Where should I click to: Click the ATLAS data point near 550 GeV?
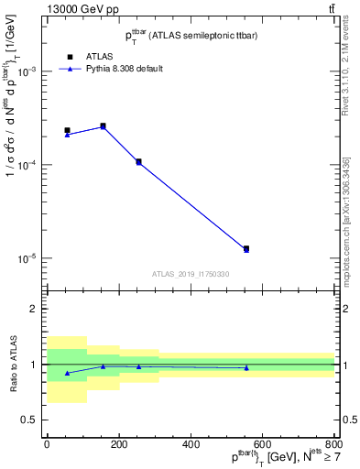[x=246, y=248]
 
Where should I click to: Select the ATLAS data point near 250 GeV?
[x=138, y=161]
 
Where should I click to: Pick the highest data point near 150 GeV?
[x=103, y=125]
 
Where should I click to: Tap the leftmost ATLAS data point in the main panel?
[x=67, y=131]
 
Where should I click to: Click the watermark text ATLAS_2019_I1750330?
[x=191, y=274]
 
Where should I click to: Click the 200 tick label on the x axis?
[x=118, y=444]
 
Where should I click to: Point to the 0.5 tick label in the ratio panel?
[x=29, y=420]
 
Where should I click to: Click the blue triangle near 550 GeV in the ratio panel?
[x=246, y=367]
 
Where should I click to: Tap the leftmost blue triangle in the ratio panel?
[x=67, y=373]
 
